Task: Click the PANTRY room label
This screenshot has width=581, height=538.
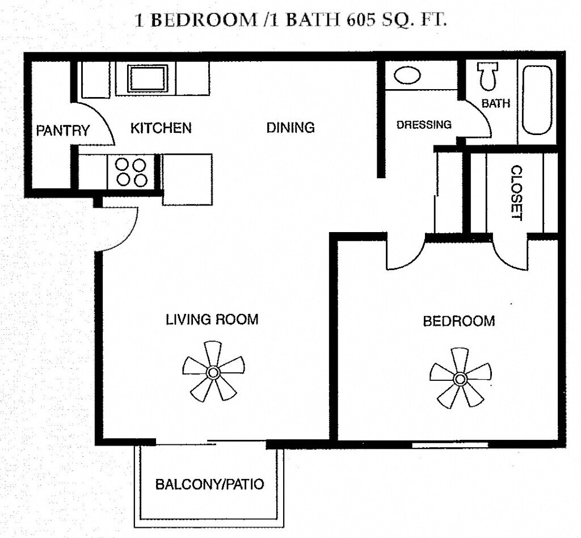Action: tap(63, 131)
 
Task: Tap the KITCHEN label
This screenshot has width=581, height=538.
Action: tap(161, 128)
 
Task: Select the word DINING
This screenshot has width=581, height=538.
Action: tap(290, 127)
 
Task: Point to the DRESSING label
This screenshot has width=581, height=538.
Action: tap(424, 124)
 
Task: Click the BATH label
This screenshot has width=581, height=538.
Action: tap(496, 103)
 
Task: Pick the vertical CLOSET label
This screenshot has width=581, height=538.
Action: tap(516, 192)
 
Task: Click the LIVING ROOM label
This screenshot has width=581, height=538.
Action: tap(212, 320)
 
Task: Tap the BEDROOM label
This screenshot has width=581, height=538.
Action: tap(459, 321)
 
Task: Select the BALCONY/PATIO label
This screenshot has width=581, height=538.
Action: tap(210, 485)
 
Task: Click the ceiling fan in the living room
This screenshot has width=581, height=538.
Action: tap(213, 372)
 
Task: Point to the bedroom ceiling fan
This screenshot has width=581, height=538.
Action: tap(460, 378)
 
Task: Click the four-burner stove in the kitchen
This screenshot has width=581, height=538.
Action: tap(131, 172)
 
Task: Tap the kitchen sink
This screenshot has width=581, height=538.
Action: tap(147, 78)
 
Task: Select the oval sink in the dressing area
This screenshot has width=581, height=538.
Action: tap(407, 75)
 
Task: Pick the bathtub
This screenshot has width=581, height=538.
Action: tap(537, 100)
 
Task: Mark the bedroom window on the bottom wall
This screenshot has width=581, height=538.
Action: tap(450, 444)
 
